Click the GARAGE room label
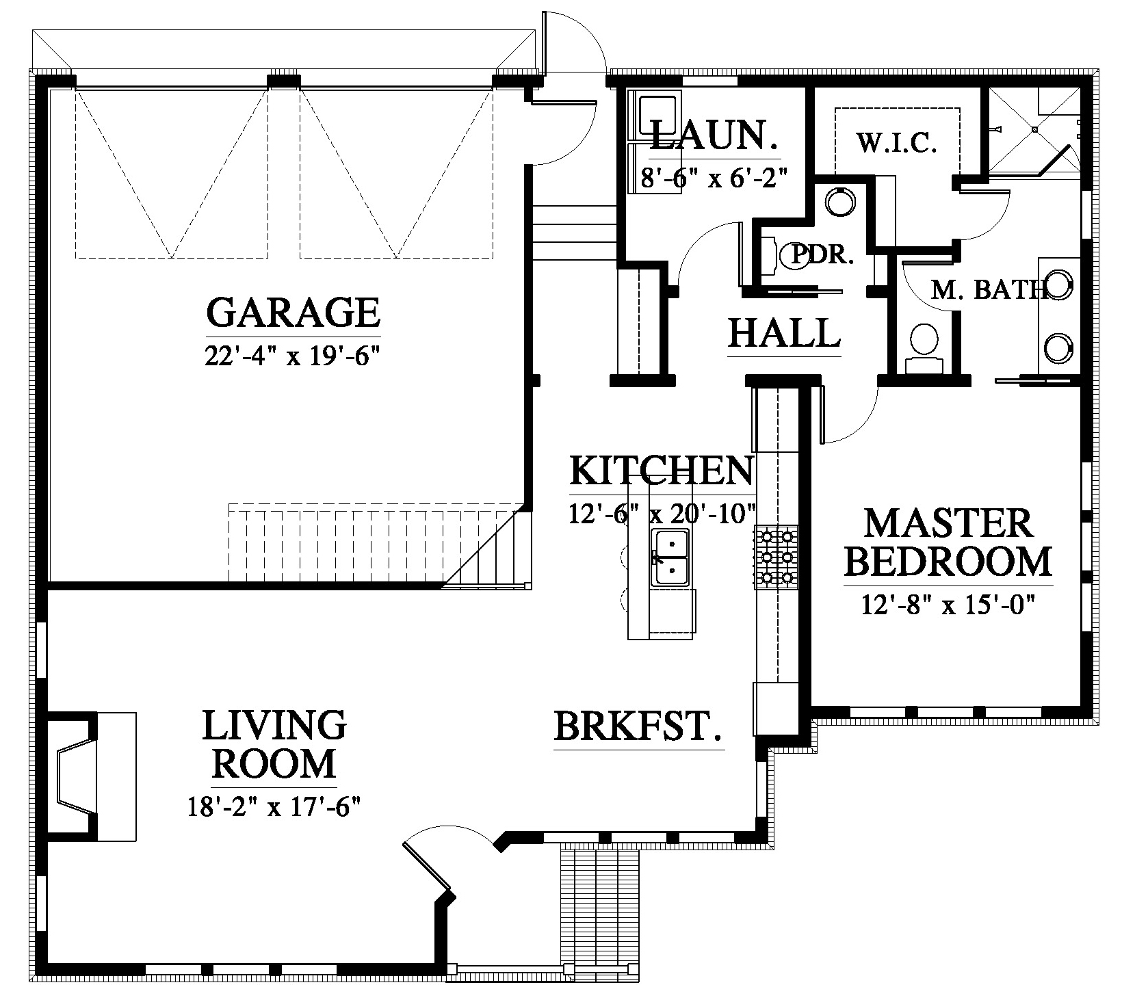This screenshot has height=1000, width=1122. tap(293, 313)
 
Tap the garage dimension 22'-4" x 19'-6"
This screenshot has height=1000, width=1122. tap(292, 356)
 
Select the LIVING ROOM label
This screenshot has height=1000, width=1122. tap(274, 745)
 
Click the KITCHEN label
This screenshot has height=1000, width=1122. tap(661, 471)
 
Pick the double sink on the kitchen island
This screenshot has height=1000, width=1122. tap(670, 557)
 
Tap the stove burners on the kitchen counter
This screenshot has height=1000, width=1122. tap(777, 556)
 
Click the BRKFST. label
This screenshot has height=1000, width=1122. tap(638, 726)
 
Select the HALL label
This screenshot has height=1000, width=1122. tap(784, 333)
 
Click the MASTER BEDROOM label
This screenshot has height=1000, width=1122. tap(948, 542)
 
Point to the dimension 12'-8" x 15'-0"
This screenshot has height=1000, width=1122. tap(948, 605)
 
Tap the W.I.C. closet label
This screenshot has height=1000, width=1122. tap(896, 143)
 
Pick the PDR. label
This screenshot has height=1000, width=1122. tap(823, 255)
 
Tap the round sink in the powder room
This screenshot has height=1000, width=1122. tap(839, 202)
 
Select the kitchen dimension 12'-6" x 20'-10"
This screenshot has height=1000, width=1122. tap(662, 512)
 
